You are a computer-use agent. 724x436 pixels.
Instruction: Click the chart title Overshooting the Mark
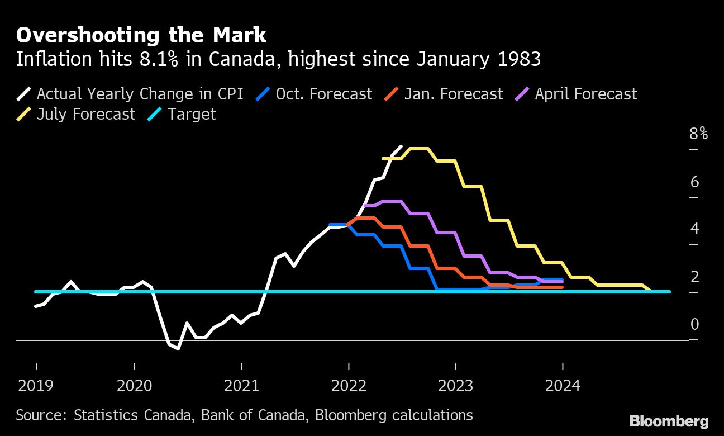(141, 35)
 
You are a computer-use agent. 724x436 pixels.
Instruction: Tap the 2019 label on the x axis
(36, 385)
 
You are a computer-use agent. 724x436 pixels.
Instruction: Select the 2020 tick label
(135, 385)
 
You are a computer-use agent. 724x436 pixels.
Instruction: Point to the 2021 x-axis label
(241, 385)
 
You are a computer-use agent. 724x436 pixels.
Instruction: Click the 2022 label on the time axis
(349, 385)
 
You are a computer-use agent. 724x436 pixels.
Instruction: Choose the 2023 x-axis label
(456, 385)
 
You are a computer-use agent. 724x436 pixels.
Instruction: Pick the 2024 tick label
(563, 385)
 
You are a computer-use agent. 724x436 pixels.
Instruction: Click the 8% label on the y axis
(698, 134)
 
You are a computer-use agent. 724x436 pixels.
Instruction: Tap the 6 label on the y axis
(694, 182)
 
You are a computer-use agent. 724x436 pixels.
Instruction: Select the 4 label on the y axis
(694, 229)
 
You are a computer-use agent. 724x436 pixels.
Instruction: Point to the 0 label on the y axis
(694, 324)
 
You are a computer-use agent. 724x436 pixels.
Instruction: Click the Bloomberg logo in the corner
(669, 421)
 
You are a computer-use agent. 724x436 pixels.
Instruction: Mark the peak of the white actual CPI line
(401, 146)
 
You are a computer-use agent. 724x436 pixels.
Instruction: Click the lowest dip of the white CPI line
(178, 349)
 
